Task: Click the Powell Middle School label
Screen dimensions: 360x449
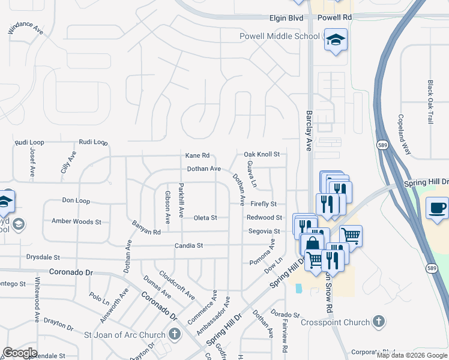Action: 280,36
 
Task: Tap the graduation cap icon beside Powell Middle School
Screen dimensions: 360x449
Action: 336,40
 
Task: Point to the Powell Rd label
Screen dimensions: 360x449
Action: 334,18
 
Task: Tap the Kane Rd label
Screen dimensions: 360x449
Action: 197,155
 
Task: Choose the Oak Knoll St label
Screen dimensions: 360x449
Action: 262,154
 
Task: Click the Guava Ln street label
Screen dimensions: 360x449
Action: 252,173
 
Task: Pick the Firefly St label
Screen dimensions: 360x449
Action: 264,205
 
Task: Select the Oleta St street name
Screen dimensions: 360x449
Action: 205,218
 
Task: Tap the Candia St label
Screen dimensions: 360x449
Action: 189,245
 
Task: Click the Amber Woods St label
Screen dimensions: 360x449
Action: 76,221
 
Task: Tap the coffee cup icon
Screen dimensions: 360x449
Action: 436,208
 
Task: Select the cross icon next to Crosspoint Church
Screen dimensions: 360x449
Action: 378,321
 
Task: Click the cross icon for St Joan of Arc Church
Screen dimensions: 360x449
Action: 175,334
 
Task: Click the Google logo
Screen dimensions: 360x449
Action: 20,353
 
